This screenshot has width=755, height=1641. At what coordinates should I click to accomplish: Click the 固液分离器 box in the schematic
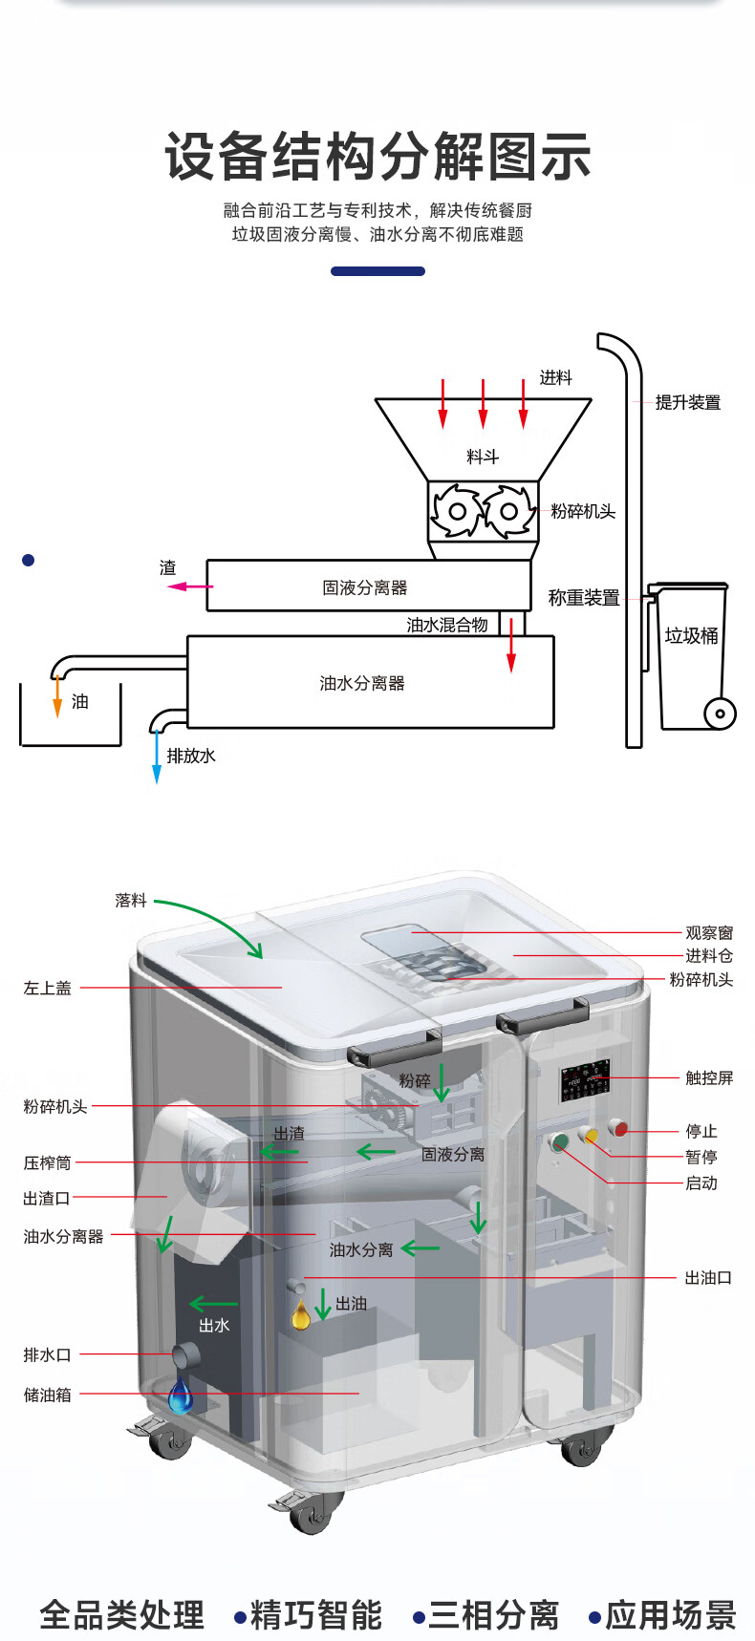(x=368, y=586)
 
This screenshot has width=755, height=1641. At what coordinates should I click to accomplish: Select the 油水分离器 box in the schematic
(x=370, y=682)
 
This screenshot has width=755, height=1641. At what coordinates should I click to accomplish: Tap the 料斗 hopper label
(x=483, y=457)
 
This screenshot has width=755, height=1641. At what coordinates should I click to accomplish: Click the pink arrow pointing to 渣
(x=189, y=586)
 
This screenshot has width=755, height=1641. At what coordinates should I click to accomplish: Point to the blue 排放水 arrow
(x=157, y=760)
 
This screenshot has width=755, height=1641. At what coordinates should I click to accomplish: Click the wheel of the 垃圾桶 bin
(x=720, y=714)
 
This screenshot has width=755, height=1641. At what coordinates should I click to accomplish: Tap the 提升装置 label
(x=688, y=402)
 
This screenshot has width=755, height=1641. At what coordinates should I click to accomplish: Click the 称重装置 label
(x=584, y=598)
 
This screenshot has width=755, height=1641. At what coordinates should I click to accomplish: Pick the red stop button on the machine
(x=620, y=1130)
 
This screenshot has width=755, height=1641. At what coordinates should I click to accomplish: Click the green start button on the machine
(x=559, y=1141)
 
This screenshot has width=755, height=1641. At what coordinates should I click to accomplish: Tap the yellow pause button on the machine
(x=590, y=1136)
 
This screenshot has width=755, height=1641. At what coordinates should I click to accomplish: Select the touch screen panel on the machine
(x=585, y=1080)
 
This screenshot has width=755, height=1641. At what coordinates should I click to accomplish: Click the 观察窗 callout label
(x=709, y=932)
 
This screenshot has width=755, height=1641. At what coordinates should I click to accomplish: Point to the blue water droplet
(x=180, y=1396)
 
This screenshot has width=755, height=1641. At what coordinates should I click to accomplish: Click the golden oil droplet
(x=301, y=1315)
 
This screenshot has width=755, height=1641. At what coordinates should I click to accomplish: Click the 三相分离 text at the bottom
(x=493, y=1615)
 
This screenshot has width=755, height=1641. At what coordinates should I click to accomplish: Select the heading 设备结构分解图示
(x=377, y=157)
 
